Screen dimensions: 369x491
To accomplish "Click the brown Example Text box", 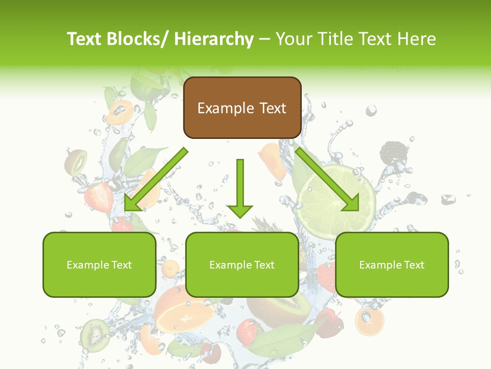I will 242,108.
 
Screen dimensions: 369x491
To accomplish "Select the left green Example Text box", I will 99,264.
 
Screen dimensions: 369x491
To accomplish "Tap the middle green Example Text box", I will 242,264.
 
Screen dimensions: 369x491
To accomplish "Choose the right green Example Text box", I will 392,264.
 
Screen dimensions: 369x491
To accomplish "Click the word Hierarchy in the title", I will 214,39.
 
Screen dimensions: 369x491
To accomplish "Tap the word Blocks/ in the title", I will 141,39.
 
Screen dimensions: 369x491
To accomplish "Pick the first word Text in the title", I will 85,39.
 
